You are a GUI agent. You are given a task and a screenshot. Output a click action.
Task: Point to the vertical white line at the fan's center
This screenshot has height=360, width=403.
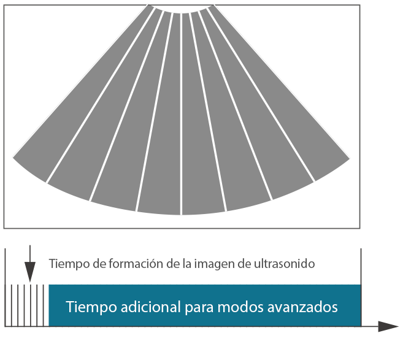(182, 114)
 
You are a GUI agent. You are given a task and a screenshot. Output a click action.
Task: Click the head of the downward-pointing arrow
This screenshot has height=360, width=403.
(30, 272)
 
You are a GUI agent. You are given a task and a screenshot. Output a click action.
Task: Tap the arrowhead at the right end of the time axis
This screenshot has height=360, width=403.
(388, 326)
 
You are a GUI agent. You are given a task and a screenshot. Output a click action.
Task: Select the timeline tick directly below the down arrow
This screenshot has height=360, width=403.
(30, 305)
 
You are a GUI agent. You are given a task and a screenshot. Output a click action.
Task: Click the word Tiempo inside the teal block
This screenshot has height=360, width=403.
(91, 307)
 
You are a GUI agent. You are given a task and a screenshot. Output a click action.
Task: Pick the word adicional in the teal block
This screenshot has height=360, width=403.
(151, 306)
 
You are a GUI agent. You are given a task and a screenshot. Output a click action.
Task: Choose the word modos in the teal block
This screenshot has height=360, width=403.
(240, 306)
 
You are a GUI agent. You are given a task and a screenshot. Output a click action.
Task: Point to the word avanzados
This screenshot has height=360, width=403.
(302, 307)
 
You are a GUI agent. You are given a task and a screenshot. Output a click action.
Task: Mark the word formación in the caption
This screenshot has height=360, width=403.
(136, 264)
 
